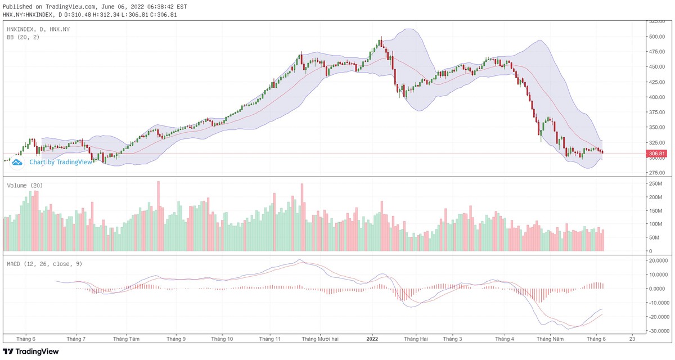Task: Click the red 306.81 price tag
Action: pos(656,154)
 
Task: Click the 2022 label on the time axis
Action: pos(372,339)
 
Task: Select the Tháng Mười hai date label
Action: pos(320,339)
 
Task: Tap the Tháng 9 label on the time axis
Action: pos(176,339)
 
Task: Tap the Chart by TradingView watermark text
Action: pos(61,162)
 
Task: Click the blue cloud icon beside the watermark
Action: pos(17,162)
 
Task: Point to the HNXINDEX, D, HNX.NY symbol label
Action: pos(38,29)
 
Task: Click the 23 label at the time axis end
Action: pos(633,339)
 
